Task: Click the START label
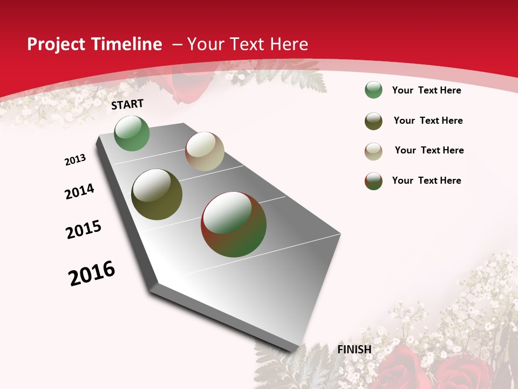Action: [127, 104]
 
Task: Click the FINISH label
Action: [355, 350]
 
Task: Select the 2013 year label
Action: [76, 160]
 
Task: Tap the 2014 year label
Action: [80, 191]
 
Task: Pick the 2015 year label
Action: [84, 230]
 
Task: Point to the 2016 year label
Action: [92, 273]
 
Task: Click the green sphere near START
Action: [132, 133]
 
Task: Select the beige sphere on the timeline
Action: [205, 151]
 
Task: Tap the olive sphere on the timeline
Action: [157, 194]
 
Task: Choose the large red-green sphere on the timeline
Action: [234, 224]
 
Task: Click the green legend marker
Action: [373, 90]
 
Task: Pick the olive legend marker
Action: [373, 121]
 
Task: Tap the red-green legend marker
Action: [373, 181]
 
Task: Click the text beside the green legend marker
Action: [426, 90]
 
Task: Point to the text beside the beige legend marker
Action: [429, 150]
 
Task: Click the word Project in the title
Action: [55, 44]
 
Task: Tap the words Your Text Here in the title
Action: [248, 44]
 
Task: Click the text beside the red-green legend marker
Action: [426, 180]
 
